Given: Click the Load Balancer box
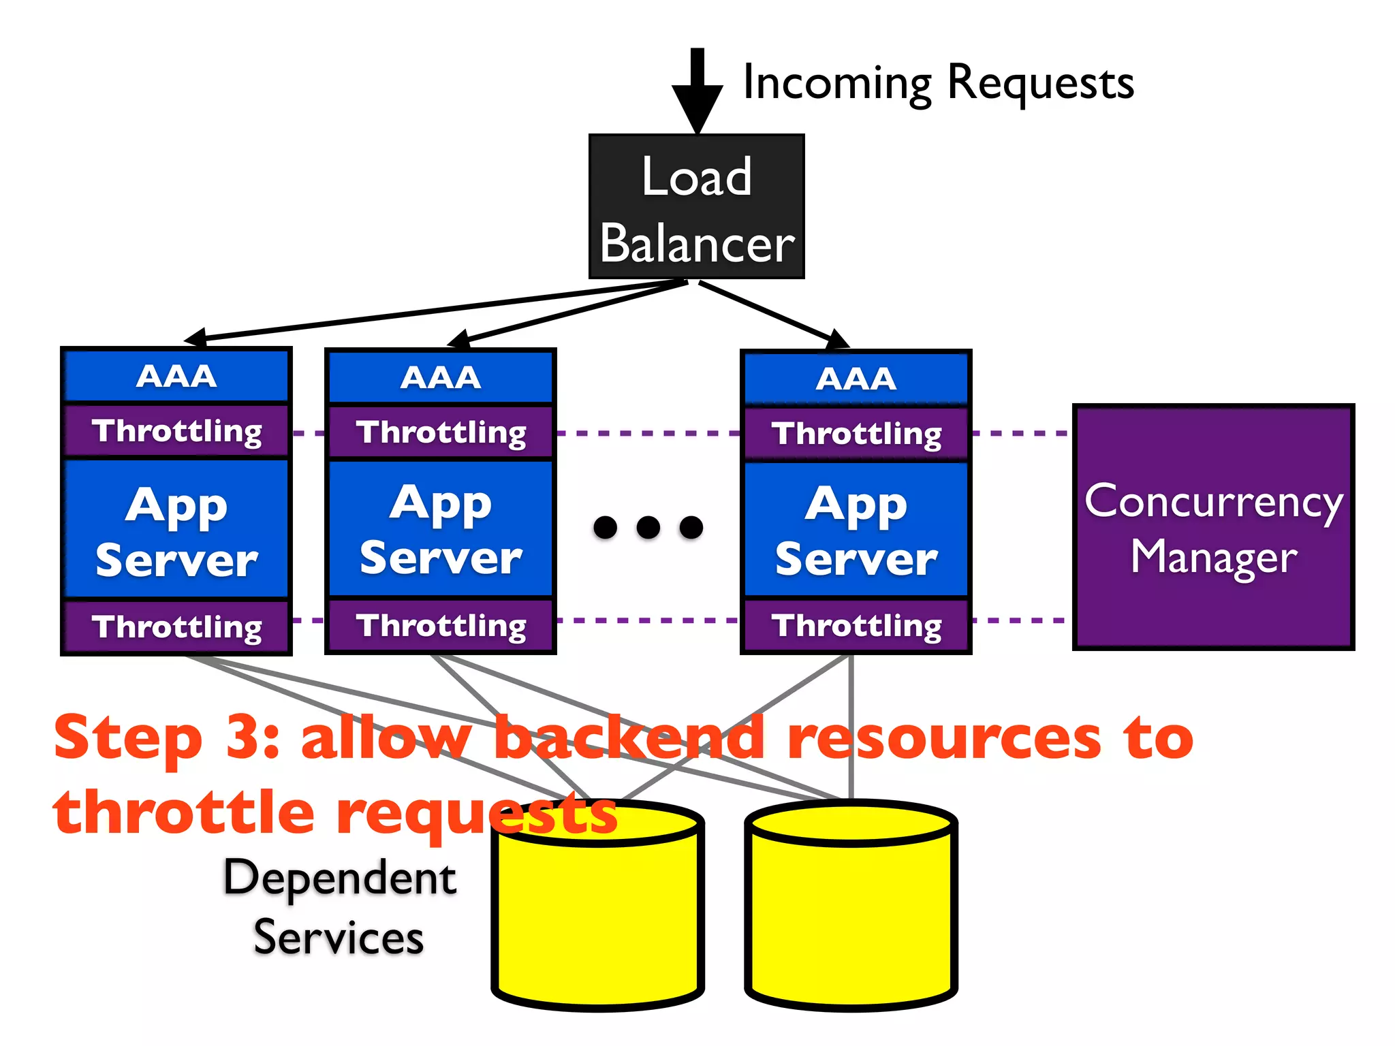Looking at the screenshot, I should pyautogui.click(x=696, y=206).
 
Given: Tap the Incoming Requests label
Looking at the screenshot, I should pyautogui.click(x=938, y=83).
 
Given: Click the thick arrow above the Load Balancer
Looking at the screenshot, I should pyautogui.click(x=697, y=89).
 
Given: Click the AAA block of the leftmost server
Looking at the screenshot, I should pyautogui.click(x=176, y=376).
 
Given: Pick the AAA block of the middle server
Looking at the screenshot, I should pyautogui.click(x=441, y=377).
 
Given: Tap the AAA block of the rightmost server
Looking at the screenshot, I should pyautogui.click(x=856, y=379).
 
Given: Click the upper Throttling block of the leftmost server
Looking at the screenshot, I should pyautogui.click(x=176, y=431).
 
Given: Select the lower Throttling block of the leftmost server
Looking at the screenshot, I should pyautogui.click(x=176, y=627).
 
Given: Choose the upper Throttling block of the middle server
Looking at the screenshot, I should pyautogui.click(x=441, y=432).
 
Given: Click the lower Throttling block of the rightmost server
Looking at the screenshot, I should pyautogui.click(x=856, y=625).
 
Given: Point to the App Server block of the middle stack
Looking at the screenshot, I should pyautogui.click(x=441, y=529).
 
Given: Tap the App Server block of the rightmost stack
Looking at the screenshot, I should pyautogui.click(x=856, y=530).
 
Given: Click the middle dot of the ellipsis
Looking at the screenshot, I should pyautogui.click(x=648, y=527).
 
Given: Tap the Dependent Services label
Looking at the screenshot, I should pyautogui.click(x=339, y=907).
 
